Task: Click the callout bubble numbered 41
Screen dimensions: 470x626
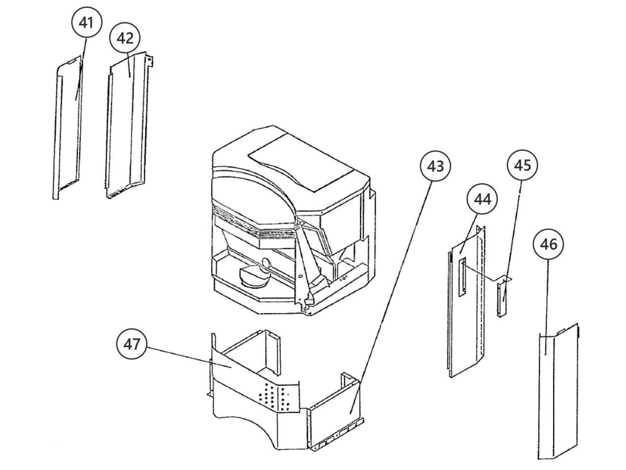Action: pos(87,23)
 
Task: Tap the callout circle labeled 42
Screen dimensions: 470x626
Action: pos(125,38)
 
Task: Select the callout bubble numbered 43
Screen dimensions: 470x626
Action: pos(435,166)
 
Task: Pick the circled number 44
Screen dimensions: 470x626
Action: pos(482,199)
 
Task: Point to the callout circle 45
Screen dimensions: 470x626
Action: pos(522,165)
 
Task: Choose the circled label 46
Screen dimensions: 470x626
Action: pos(549,244)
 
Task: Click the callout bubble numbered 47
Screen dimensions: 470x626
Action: pos(132,344)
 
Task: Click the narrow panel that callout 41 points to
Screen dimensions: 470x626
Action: pos(68,127)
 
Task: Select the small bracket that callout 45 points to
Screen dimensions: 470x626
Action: pos(502,299)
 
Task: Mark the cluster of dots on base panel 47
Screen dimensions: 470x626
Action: pos(276,396)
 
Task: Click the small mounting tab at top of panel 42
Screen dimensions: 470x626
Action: pos(151,61)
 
